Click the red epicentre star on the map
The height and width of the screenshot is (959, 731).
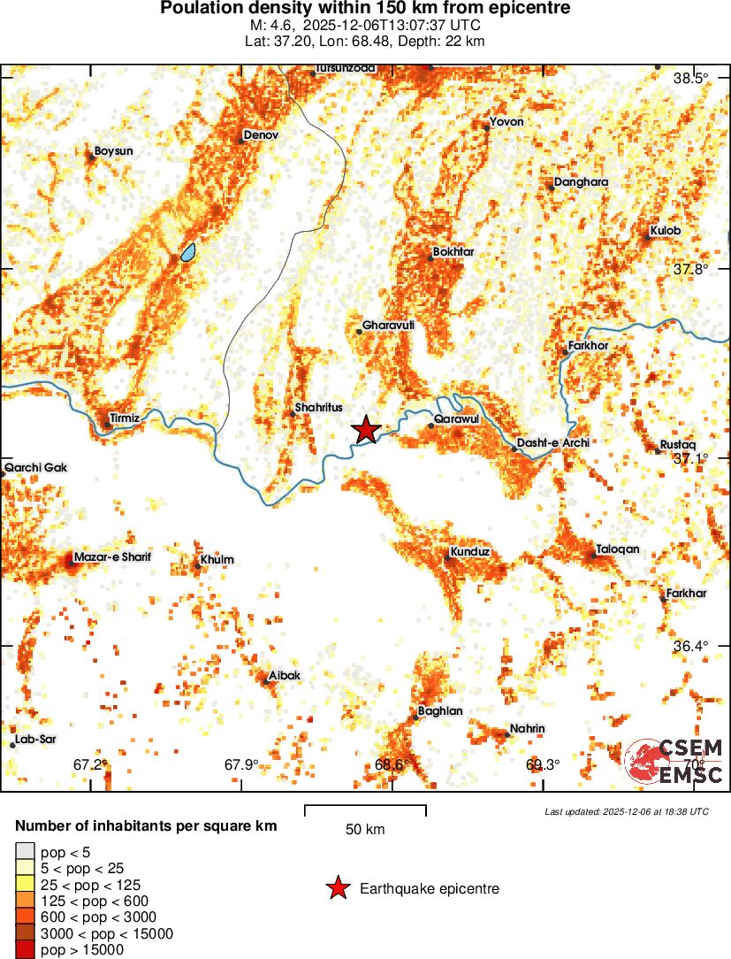click(x=366, y=430)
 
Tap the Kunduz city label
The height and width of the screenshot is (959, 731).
click(x=469, y=552)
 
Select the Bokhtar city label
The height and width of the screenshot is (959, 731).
click(x=454, y=252)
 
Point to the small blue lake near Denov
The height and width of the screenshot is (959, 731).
click(x=188, y=253)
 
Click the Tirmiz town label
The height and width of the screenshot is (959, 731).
click(x=125, y=417)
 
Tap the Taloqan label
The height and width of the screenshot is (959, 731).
click(x=617, y=549)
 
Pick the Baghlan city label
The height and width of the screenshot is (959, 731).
click(x=440, y=710)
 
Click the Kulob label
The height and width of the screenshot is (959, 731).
click(x=666, y=231)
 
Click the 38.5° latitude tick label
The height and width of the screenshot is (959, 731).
click(x=691, y=78)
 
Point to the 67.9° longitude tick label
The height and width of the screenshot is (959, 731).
click(x=240, y=764)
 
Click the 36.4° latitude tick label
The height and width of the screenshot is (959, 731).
click(x=690, y=647)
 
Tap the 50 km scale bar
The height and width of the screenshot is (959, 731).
click(x=365, y=807)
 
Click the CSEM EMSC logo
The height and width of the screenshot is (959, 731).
click(x=674, y=762)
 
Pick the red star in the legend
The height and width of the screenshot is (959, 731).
click(x=337, y=888)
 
